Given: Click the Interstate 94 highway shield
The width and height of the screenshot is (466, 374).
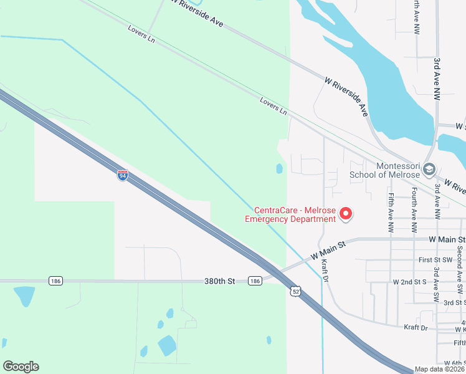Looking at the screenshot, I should (x=122, y=176).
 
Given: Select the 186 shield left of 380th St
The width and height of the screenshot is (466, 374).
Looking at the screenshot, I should (x=55, y=281).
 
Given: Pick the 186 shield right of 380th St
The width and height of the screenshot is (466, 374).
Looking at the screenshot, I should (x=254, y=281).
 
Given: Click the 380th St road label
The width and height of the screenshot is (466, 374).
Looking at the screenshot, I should (x=219, y=281).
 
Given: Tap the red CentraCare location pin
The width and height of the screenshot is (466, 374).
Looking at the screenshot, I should (x=345, y=214).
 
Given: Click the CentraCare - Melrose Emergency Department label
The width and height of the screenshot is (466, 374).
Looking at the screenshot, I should (x=290, y=214).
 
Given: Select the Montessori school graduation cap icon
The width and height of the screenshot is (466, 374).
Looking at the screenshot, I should (x=429, y=169).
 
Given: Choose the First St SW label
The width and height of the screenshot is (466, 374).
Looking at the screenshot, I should (x=434, y=260).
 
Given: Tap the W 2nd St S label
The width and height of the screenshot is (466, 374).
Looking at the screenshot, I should (x=409, y=282).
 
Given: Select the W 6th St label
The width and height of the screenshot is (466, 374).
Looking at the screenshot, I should (x=455, y=363).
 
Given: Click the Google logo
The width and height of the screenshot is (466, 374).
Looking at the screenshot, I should (x=21, y=367).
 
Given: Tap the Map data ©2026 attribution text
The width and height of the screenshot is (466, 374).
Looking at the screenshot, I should (x=440, y=369).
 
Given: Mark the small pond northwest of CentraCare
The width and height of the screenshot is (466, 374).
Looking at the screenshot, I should (x=279, y=168).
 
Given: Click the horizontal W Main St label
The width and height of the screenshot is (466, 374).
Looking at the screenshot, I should (x=447, y=239).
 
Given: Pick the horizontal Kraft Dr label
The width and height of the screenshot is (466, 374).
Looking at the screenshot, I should (x=416, y=327).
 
